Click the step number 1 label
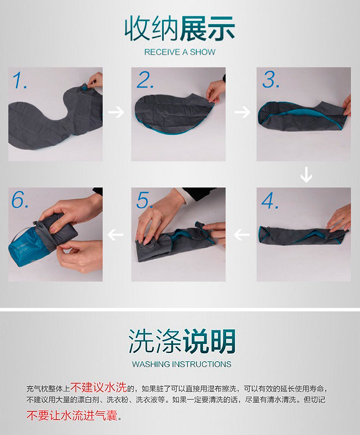coord(20,80)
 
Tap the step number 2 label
coord(145,80)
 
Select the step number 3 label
coord(271,80)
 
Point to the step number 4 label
coord(270,201)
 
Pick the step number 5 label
coord(145,200)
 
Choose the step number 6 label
coord(20,200)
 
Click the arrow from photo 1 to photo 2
coord(116,112)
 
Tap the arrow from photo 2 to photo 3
coord(242,112)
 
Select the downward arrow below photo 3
coord(306,174)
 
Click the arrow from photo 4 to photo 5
coord(241,235)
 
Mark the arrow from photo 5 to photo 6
coord(115,235)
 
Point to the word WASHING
coord(151,364)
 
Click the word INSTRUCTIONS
coord(202,364)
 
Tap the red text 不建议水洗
coord(98,387)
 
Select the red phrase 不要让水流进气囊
coord(72,415)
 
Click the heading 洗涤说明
coord(182,341)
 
